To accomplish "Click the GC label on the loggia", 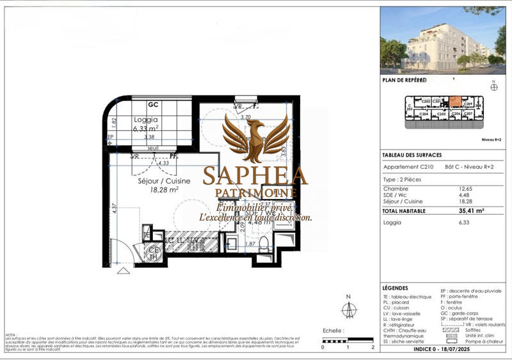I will click(154, 105).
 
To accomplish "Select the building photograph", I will click(443, 40).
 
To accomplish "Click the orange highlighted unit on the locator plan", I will click(454, 101).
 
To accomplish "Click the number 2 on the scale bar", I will click(372, 347).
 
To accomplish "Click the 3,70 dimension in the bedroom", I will click(244, 118).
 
